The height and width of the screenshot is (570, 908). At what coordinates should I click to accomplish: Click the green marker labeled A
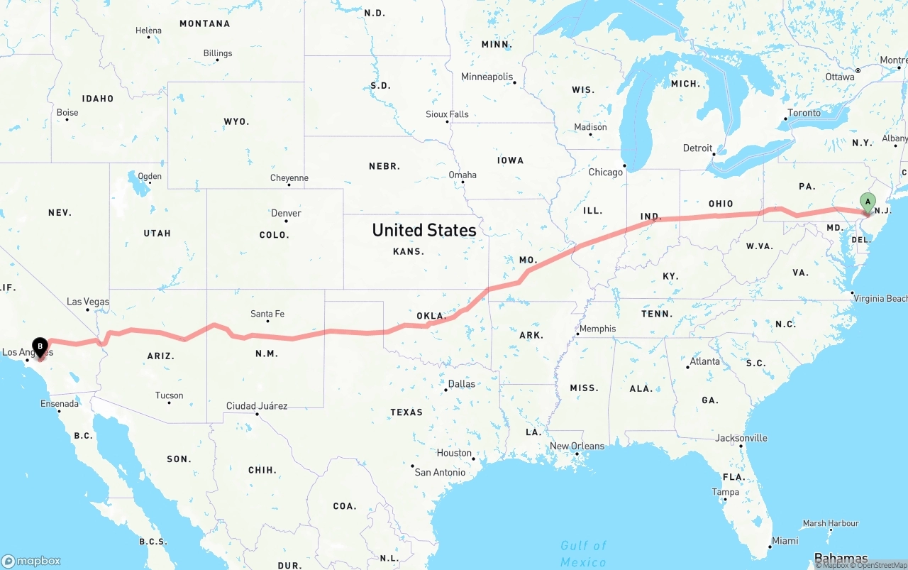click(x=867, y=202)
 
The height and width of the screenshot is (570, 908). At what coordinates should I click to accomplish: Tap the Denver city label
click(x=286, y=213)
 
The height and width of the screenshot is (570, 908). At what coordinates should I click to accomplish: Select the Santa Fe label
click(x=267, y=314)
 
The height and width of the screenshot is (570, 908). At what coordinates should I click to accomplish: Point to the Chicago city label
click(x=605, y=172)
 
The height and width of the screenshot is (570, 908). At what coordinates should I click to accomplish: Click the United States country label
click(x=424, y=230)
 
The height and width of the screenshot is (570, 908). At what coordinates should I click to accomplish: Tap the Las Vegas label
click(x=88, y=302)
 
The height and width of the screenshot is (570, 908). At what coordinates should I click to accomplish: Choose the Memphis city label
click(x=597, y=329)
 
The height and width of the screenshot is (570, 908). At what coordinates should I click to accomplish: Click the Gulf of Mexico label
click(x=583, y=554)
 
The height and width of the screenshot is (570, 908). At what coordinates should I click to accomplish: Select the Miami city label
click(x=785, y=541)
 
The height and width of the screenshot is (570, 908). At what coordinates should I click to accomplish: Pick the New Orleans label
click(x=577, y=446)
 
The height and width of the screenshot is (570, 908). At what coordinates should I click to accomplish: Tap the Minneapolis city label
click(x=487, y=77)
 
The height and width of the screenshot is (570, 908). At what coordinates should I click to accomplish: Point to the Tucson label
click(x=169, y=395)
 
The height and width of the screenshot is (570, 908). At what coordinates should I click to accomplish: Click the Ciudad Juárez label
click(x=257, y=406)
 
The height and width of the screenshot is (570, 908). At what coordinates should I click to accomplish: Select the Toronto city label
click(x=804, y=113)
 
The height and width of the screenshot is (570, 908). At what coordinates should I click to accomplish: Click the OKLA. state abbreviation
click(x=431, y=316)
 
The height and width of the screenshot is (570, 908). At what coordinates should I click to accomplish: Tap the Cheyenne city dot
click(x=289, y=185)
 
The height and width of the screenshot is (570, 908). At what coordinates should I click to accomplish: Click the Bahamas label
click(x=841, y=558)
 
